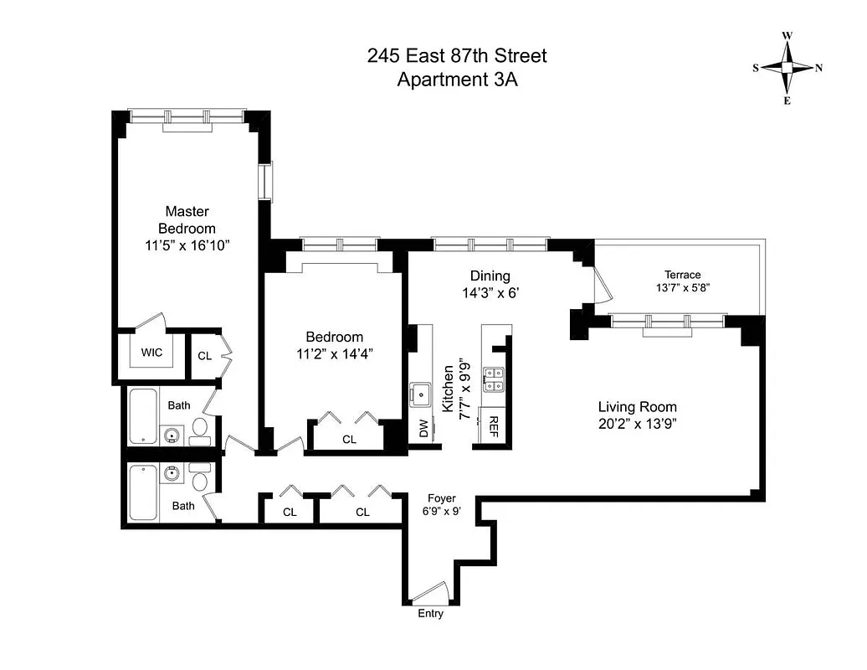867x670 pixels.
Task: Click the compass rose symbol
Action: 787,68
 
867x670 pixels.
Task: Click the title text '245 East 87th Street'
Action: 457,56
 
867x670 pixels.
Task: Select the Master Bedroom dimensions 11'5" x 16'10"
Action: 187,245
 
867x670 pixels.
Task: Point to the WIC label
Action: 151,353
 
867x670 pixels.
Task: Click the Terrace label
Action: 682,275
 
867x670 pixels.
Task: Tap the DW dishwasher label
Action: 423,429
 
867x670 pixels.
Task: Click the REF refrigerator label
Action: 494,426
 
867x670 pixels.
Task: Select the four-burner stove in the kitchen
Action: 495,380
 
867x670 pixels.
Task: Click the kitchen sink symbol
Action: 421,392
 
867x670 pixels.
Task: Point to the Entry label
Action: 430,614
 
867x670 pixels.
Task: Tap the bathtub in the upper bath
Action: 144,416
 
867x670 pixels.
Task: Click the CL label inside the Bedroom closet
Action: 349,439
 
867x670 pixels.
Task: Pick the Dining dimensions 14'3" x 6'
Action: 490,293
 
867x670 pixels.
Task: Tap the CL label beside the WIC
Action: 204,356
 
